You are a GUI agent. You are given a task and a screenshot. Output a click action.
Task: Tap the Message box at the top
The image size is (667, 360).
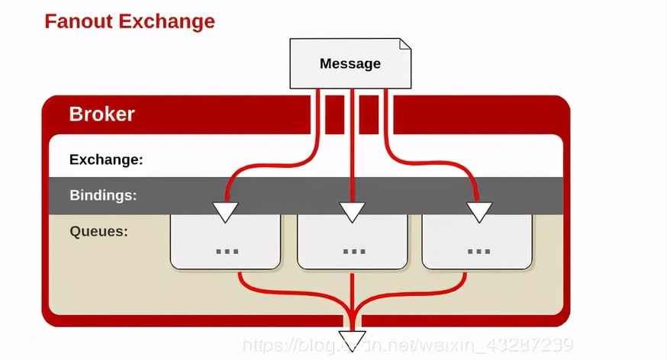tap(350, 63)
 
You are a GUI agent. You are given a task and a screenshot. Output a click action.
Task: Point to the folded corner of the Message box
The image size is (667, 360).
tap(405, 44)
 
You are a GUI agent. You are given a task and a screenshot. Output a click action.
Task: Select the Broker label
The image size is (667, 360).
tap(101, 114)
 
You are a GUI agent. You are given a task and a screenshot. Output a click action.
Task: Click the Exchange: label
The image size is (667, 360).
tap(106, 160)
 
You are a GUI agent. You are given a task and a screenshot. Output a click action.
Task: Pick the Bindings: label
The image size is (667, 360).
tap(103, 195)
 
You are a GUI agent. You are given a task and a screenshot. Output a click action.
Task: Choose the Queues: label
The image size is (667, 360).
tap(98, 230)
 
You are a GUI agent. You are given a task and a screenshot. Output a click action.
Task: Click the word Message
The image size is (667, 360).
tap(350, 63)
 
